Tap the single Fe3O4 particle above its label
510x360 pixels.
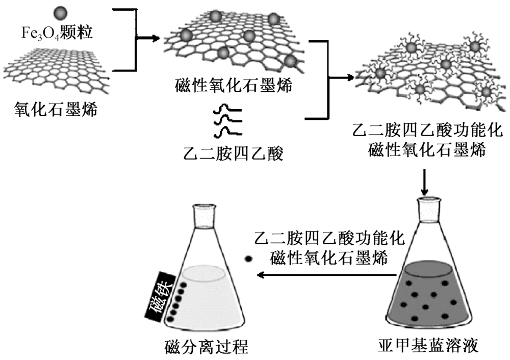60,12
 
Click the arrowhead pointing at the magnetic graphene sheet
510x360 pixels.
152,38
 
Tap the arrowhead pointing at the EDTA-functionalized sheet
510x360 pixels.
350,78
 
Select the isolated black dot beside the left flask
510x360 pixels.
249,259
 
